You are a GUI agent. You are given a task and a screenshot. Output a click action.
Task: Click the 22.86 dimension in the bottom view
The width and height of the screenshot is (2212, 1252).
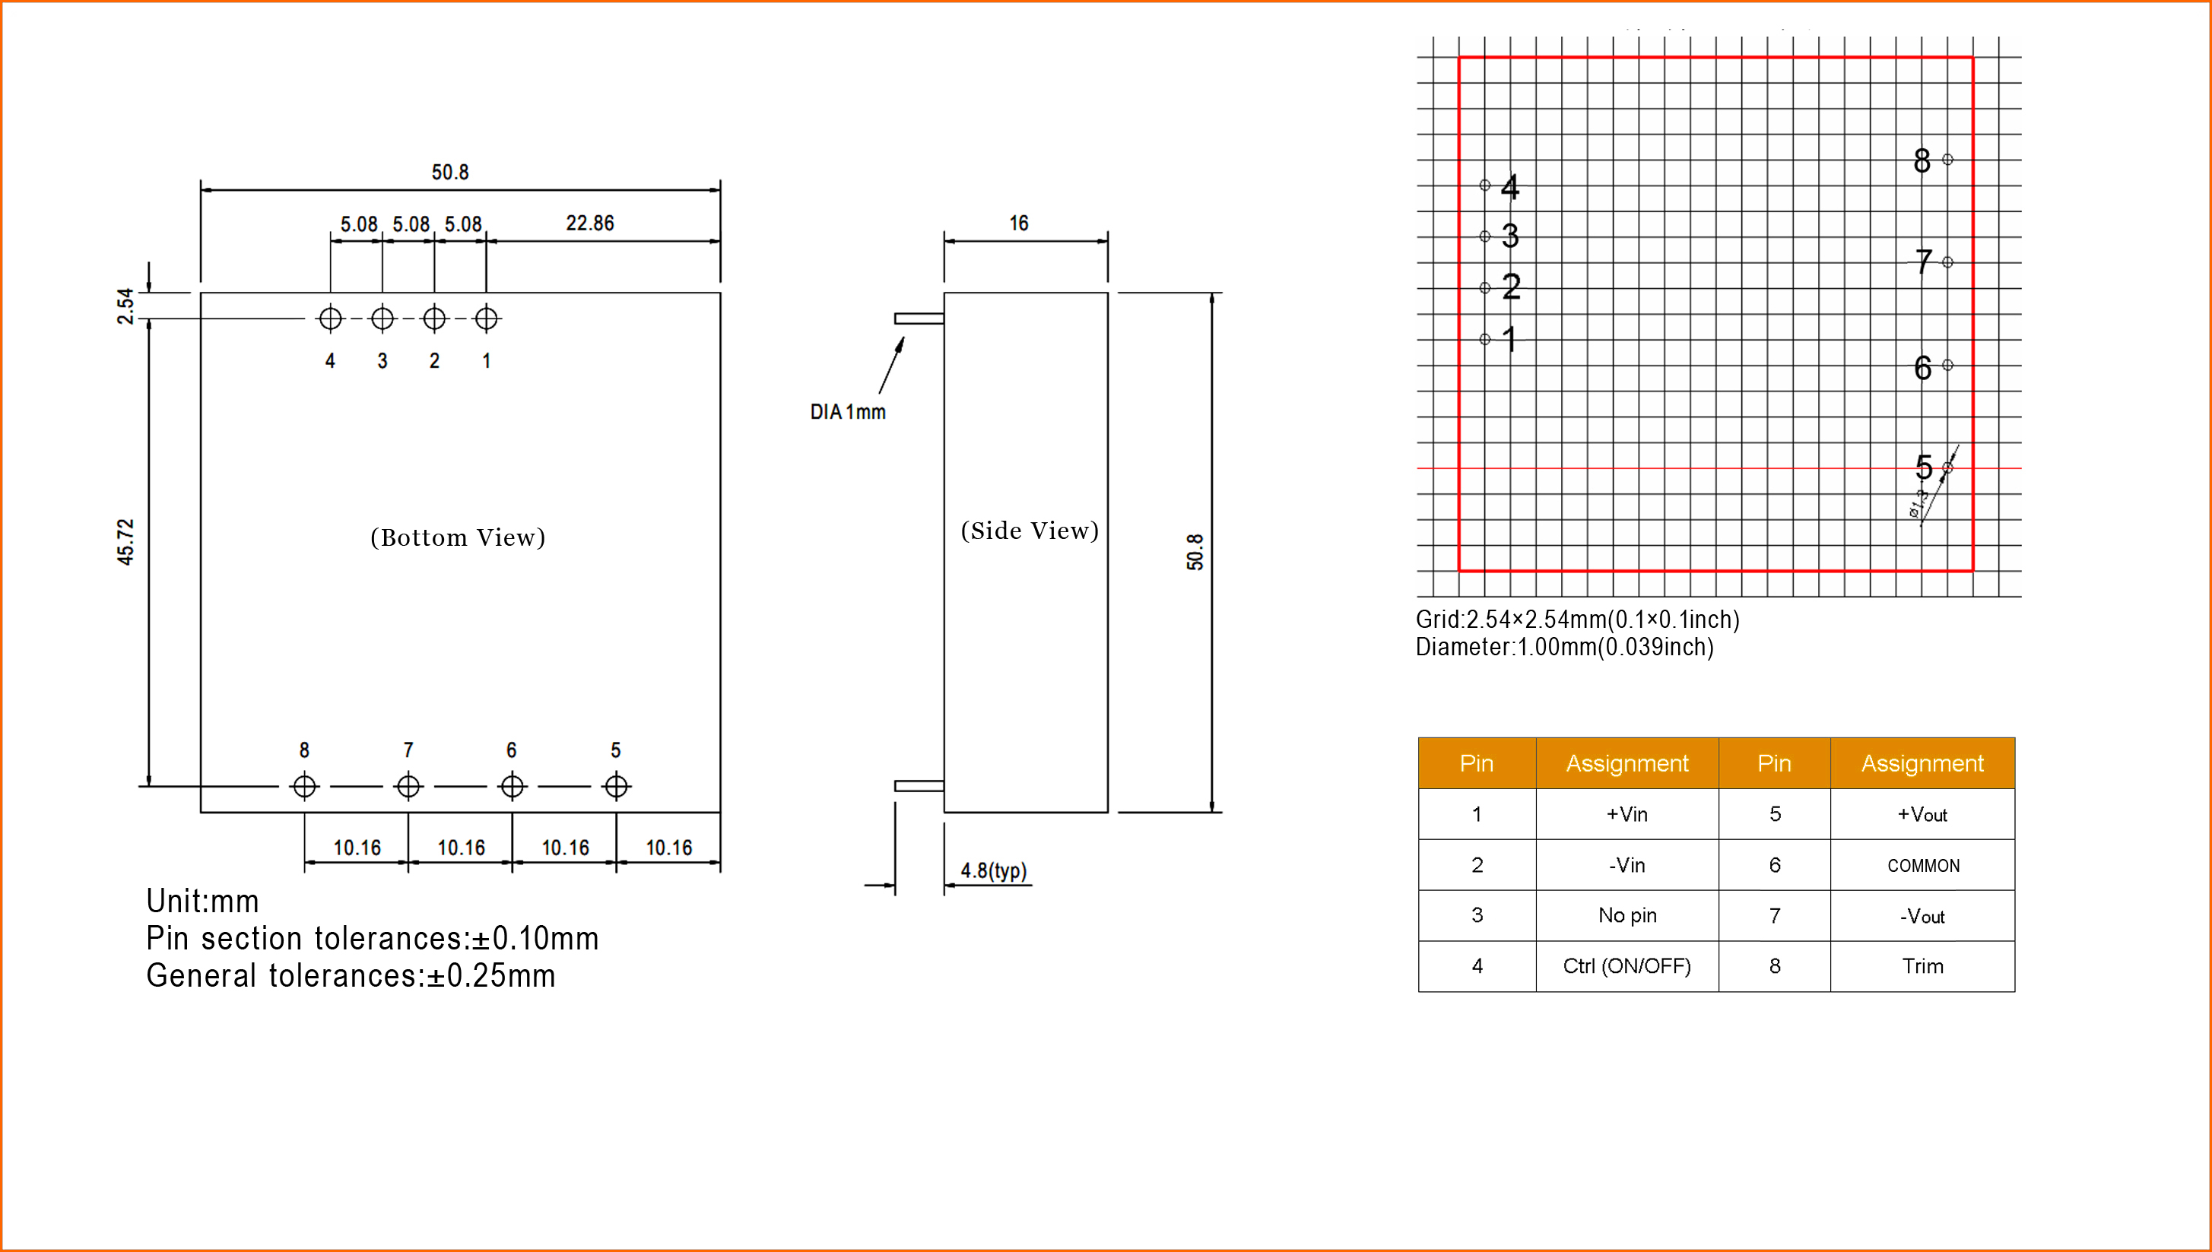click(x=589, y=223)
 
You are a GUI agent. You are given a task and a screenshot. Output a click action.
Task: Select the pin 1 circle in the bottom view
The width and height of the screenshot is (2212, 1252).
click(x=486, y=319)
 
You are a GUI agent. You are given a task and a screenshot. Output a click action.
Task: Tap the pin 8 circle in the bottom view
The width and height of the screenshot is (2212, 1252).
click(x=304, y=786)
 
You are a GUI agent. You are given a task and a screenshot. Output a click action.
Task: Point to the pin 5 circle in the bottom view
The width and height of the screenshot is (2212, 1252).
click(x=616, y=786)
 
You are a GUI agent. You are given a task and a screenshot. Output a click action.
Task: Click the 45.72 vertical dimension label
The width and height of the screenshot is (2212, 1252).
click(x=125, y=542)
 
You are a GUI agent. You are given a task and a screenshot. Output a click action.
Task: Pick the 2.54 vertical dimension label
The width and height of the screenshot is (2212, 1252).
click(x=125, y=306)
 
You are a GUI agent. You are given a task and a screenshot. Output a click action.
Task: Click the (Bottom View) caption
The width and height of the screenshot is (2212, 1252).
click(x=458, y=537)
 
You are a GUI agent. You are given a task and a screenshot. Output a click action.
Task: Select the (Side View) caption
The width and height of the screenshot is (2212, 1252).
click(x=1030, y=531)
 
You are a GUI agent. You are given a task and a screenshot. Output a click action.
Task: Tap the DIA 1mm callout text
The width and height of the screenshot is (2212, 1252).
click(x=847, y=412)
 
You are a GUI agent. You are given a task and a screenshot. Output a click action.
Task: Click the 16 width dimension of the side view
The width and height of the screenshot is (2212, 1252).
click(x=1018, y=223)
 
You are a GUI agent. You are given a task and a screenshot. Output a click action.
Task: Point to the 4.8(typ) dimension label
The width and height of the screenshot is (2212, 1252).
click(x=993, y=870)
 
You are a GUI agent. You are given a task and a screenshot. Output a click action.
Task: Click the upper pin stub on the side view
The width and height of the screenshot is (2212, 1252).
click(x=919, y=319)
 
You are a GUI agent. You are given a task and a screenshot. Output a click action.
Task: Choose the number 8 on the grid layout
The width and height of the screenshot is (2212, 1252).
click(x=1922, y=161)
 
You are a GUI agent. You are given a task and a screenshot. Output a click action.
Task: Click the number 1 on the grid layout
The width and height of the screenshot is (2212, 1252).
click(x=1509, y=339)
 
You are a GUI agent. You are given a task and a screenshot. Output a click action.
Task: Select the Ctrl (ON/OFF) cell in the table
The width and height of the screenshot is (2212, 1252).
click(x=1626, y=965)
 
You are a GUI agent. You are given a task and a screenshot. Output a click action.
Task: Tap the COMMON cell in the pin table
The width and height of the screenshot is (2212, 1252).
click(x=1923, y=865)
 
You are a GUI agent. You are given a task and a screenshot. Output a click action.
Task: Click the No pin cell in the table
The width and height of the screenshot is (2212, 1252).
click(x=1626, y=915)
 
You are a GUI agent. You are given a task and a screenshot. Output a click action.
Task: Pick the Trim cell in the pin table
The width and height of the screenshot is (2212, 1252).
click(x=1923, y=965)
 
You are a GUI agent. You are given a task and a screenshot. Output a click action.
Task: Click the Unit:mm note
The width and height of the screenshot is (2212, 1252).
click(x=202, y=901)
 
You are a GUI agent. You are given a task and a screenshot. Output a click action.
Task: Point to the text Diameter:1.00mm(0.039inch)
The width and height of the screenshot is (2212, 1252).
click(x=1564, y=647)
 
